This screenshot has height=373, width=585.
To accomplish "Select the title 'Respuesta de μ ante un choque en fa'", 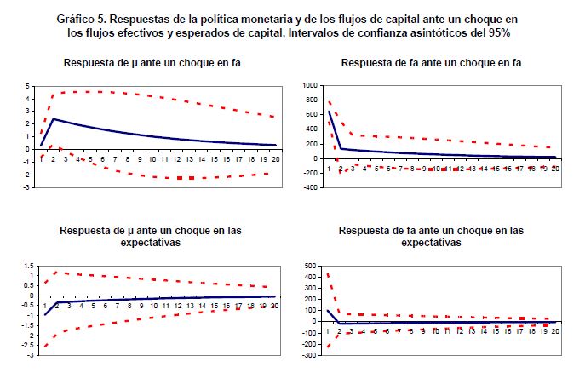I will click(148, 63).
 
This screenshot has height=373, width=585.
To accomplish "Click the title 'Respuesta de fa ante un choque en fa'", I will click(431, 63).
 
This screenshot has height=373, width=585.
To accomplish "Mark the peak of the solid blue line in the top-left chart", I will click(53, 119).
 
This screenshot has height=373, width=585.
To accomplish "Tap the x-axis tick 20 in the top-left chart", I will click(275, 158).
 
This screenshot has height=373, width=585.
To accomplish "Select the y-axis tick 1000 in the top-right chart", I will click(307, 86).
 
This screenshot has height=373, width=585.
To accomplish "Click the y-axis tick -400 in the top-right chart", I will click(307, 186).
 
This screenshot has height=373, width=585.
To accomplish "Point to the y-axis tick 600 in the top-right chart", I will click(309, 115).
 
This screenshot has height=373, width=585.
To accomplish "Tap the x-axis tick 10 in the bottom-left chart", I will click(153, 305).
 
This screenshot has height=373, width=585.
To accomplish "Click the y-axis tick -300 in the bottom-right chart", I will click(307, 353).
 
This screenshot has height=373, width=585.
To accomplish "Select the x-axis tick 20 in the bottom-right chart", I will click(555, 330).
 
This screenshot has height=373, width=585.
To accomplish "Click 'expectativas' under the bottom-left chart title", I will click(148, 243).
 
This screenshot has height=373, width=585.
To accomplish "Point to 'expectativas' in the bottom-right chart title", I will click(431, 243).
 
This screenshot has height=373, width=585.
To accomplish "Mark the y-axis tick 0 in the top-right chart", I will click(313, 158).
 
